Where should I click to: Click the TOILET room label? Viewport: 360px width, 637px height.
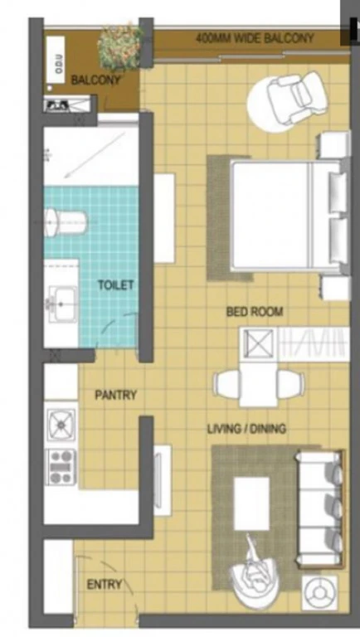(116, 285)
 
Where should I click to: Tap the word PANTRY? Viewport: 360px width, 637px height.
(116, 395)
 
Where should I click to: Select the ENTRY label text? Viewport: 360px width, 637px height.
(105, 585)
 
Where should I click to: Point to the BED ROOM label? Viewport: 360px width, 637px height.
(255, 312)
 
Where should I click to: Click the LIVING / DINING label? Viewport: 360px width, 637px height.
(246, 429)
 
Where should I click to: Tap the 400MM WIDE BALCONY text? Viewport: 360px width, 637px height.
(255, 39)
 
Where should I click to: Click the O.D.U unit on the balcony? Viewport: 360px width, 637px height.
(56, 60)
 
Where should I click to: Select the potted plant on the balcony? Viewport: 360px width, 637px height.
(120, 46)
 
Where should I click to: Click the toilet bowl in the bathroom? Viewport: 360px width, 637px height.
(66, 222)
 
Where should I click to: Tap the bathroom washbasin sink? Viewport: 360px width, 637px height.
(62, 304)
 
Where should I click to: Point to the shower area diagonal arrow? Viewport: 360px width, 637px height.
(95, 156)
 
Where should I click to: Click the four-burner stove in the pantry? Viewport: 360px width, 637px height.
(61, 467)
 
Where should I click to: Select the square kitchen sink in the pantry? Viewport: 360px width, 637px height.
(61, 425)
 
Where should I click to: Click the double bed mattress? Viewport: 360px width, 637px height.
(285, 216)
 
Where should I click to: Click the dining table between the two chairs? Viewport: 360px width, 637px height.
(259, 384)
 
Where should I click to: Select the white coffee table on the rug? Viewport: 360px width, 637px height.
(252, 503)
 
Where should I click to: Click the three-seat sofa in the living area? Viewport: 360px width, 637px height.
(320, 508)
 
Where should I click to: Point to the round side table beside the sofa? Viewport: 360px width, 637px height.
(320, 593)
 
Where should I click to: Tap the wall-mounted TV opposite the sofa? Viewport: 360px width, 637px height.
(163, 480)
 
